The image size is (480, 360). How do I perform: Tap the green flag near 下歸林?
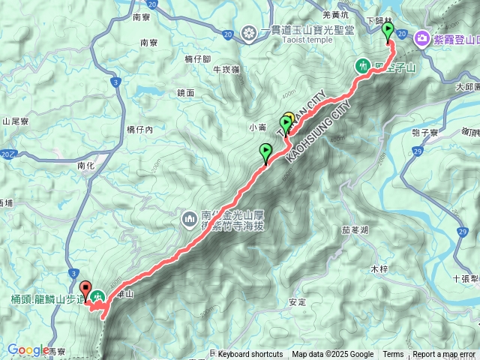coord(388,31)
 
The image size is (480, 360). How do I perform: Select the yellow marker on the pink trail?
coord(289,119)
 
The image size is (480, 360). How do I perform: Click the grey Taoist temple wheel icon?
coord(249,33)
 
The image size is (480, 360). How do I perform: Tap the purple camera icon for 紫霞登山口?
coord(421,37)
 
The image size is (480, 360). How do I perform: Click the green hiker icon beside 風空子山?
coord(364,66)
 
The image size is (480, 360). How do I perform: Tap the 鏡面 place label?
coord(186,93)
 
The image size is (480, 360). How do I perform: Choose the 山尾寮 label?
coord(15,121)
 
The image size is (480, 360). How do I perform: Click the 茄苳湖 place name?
coord(355,231)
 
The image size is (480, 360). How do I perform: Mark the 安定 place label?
coord(297,303)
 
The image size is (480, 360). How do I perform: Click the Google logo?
coord(28,349)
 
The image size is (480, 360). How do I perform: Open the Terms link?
coord(393,355)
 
